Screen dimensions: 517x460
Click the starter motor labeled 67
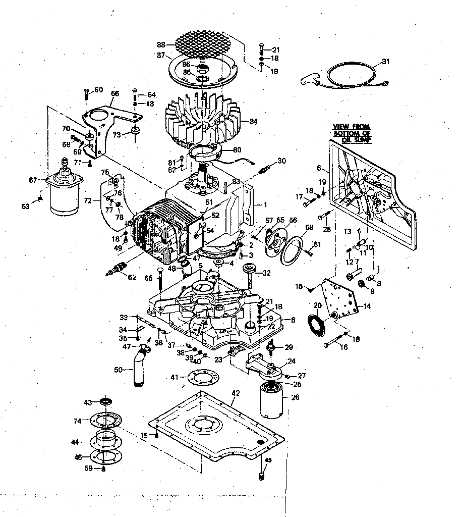click(x=64, y=190)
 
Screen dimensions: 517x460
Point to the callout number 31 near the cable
click(x=385, y=62)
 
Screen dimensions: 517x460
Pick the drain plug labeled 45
click(x=261, y=475)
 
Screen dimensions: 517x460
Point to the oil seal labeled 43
click(x=105, y=401)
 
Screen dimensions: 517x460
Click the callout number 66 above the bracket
click(x=114, y=93)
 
